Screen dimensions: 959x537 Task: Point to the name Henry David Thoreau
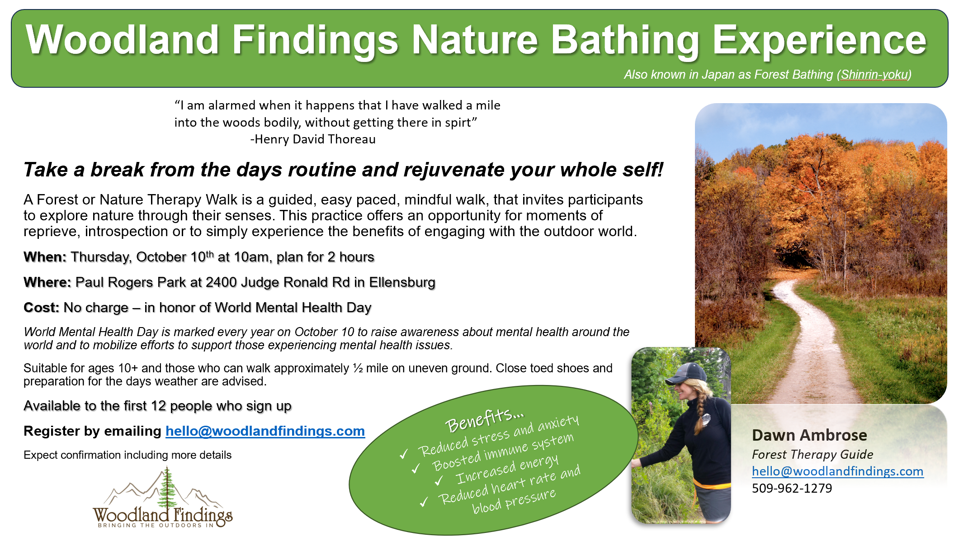click(x=315, y=139)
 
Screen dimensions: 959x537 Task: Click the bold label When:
click(x=45, y=257)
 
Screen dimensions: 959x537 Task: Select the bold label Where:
click(x=47, y=282)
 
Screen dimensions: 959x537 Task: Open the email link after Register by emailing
click(x=265, y=431)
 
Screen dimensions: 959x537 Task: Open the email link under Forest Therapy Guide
click(x=837, y=471)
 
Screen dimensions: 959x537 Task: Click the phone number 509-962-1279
click(x=792, y=488)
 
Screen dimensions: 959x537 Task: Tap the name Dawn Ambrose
click(x=809, y=435)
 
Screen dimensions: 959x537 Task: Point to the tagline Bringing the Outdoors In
click(x=156, y=525)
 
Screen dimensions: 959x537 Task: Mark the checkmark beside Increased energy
click(x=439, y=480)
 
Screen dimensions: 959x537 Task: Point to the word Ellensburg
click(x=402, y=282)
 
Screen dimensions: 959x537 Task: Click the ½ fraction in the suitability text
click(x=358, y=368)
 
